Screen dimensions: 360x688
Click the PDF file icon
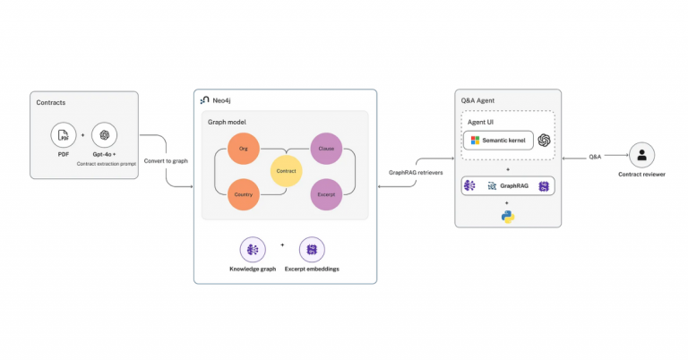[63, 135]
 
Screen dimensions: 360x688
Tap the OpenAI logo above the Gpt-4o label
[104, 135]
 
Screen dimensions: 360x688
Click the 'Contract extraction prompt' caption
[104, 164]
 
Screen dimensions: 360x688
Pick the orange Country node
[244, 193]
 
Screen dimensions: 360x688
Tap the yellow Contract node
[286, 169]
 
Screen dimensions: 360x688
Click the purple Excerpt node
[326, 193]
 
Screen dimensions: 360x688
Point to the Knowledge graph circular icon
[252, 250]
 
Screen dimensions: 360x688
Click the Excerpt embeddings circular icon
[312, 250]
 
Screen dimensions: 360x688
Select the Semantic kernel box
[497, 141]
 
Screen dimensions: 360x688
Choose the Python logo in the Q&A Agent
[508, 216]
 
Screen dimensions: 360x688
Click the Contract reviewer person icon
[641, 155]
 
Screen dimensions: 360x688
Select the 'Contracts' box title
[50, 103]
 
